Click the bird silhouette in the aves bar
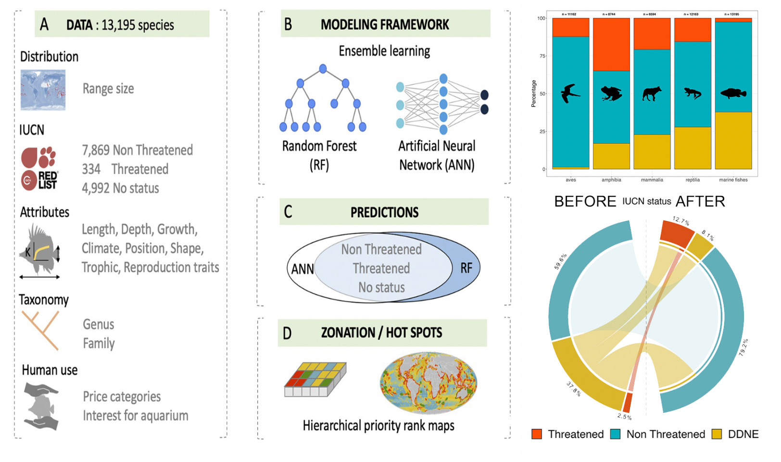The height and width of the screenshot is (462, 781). [x=570, y=93]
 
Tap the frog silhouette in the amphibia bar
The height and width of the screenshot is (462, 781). [x=611, y=93]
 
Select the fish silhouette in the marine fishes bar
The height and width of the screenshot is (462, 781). [x=733, y=93]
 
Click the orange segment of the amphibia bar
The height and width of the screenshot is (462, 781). [x=611, y=45]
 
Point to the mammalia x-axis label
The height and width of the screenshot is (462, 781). [x=652, y=180]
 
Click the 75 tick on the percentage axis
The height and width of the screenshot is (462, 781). [x=542, y=56]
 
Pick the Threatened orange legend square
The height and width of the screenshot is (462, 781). [x=537, y=434]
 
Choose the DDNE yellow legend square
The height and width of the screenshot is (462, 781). [x=717, y=434]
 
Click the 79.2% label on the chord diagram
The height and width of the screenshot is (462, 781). [x=743, y=347]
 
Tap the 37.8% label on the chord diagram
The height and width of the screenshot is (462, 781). [x=573, y=389]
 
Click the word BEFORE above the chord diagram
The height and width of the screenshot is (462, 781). [x=585, y=201]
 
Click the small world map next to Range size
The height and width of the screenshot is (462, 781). [x=43, y=90]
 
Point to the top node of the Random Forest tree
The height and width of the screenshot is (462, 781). [x=323, y=69]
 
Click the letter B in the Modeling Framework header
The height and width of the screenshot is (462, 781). [x=288, y=25]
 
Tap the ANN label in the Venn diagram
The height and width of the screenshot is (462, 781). [x=302, y=269]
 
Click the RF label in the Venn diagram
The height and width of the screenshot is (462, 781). [x=466, y=268]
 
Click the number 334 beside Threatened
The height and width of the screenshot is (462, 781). [x=91, y=169]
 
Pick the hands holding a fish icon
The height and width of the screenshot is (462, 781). [x=42, y=405]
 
